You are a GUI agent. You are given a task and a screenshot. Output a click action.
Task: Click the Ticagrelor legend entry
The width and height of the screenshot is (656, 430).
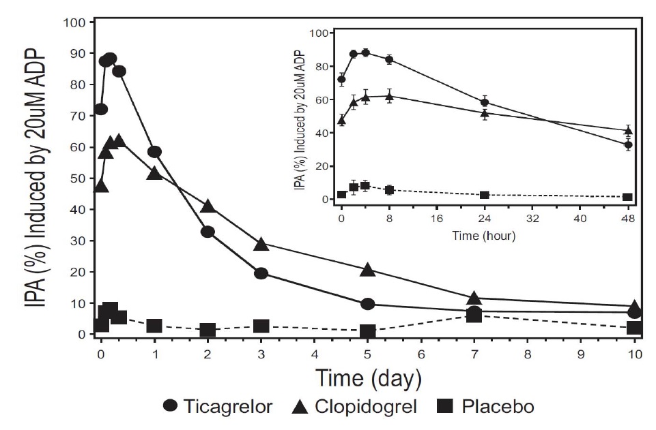pos(218,407)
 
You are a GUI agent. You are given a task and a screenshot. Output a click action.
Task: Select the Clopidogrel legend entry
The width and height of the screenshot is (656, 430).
pos(354,407)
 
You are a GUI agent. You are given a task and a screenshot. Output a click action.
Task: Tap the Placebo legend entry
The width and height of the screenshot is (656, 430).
pos(484,407)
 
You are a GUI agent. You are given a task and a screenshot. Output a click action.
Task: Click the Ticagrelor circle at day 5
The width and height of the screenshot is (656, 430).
pos(368,304)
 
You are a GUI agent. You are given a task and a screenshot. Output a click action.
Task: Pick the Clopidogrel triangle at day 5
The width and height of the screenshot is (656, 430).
pos(368,270)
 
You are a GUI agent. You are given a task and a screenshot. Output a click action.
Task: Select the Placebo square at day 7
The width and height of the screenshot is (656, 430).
pos(475,316)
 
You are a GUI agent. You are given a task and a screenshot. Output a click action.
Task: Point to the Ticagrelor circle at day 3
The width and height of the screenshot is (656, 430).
pos(261,273)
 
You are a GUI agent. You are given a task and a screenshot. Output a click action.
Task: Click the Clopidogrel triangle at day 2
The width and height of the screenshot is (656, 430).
pos(208,206)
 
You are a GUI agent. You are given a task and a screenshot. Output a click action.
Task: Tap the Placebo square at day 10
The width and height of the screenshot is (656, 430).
pos(634,328)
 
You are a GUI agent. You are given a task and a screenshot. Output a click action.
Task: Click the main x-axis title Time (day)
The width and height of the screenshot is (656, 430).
pos(367,377)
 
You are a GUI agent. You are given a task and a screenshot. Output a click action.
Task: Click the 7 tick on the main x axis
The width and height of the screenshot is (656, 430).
pos(475,354)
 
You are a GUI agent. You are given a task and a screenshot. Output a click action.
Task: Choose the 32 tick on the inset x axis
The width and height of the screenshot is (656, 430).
pos(532,219)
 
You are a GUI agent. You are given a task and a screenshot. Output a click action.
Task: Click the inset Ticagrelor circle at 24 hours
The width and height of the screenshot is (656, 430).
pos(485,103)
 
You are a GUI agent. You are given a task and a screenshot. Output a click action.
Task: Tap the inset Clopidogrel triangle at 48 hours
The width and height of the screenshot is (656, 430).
pos(628,130)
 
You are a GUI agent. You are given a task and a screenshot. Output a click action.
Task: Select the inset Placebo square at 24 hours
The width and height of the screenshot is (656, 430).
pos(485,195)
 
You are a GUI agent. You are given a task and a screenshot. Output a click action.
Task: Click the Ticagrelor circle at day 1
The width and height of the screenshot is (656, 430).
pos(154,152)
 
